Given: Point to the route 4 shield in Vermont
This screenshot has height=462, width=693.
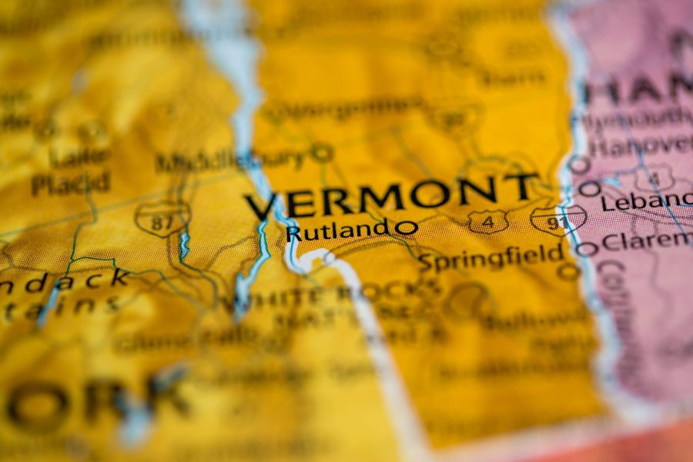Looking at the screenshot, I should (488, 222).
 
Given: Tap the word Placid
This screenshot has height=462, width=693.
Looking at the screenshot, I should (71, 183).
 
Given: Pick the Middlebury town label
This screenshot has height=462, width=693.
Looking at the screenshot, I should (231, 160).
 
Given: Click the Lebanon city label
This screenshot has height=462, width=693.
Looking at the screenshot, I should (647, 202).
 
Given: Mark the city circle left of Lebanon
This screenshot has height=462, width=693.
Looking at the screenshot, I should (590, 188).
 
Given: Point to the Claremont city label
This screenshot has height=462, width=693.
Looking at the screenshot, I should (647, 241).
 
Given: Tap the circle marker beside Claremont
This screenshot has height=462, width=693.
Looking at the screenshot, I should (587, 248).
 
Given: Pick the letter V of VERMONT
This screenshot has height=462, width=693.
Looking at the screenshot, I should (263, 206).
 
